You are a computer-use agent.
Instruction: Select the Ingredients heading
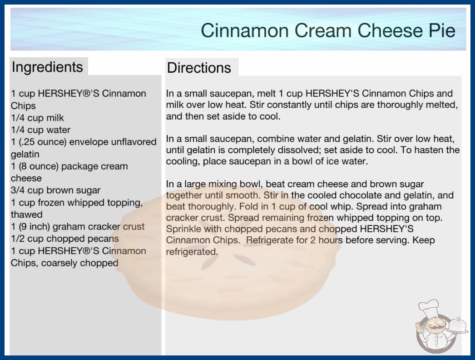click(x=47, y=67)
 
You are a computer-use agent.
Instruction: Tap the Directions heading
click(x=199, y=68)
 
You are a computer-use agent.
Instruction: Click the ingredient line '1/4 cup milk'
click(x=37, y=118)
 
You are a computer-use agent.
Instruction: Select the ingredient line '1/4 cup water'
click(x=40, y=130)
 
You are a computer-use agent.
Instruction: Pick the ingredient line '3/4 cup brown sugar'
click(x=55, y=190)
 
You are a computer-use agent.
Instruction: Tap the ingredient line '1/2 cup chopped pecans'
click(x=65, y=239)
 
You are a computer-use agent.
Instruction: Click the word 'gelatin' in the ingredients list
click(x=25, y=155)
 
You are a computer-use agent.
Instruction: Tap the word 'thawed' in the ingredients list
click(x=27, y=215)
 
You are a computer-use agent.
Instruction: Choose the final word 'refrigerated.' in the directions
click(x=192, y=252)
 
